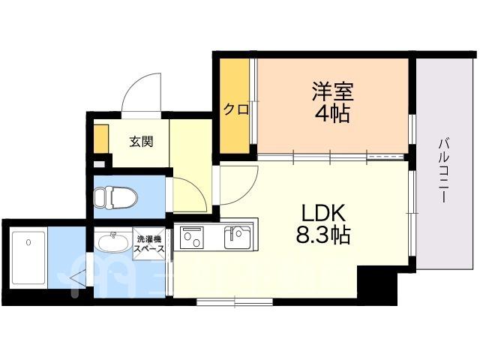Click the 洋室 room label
[x=332, y=91]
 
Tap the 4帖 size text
[x=332, y=114]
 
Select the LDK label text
[x=323, y=213]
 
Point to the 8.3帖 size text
[x=323, y=235]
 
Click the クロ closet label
[x=236, y=109]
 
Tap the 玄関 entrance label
[x=141, y=142]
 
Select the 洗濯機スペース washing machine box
[x=148, y=243]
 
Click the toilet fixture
[x=115, y=198]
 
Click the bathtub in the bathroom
[x=28, y=258]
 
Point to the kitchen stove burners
[x=190, y=238]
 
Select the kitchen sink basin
[x=238, y=237]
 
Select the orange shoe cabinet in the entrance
[x=101, y=139]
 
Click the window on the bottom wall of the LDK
[x=235, y=301]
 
